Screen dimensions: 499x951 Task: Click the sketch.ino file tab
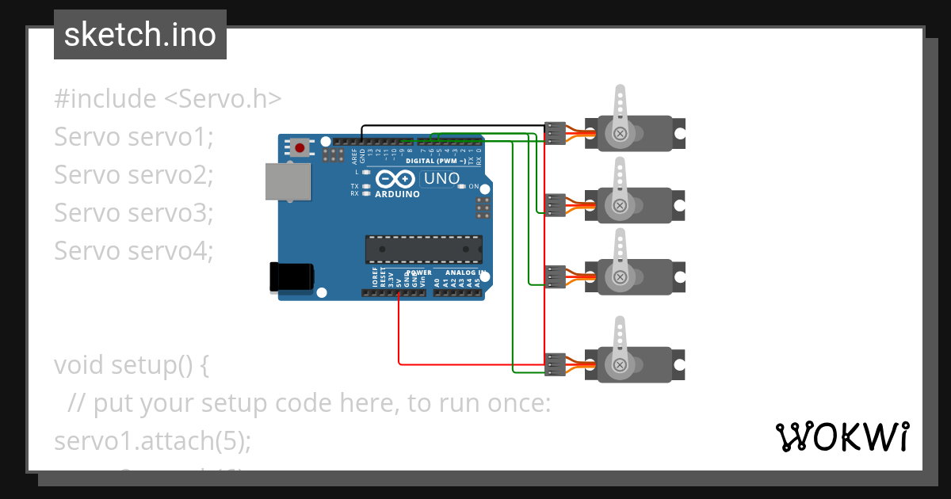click(x=139, y=35)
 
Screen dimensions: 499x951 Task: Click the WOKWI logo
click(x=841, y=436)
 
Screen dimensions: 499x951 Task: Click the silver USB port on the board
click(x=288, y=181)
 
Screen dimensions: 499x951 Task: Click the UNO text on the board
click(x=441, y=179)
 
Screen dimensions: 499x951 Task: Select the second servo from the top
click(x=634, y=206)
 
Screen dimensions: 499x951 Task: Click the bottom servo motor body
click(x=634, y=364)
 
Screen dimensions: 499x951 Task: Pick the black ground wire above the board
click(x=452, y=125)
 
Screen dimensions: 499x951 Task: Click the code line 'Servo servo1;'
click(x=134, y=137)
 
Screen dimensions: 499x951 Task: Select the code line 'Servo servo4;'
click(x=134, y=251)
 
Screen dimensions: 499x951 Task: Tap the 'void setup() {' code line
click(x=132, y=365)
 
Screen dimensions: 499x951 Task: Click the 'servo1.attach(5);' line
click(x=152, y=441)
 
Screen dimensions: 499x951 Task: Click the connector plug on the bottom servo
click(x=556, y=364)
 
